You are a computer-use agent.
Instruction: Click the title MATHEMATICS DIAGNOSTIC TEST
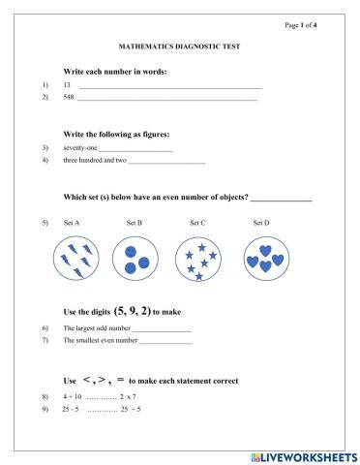(x=179, y=46)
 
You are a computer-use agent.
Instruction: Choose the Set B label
(x=135, y=223)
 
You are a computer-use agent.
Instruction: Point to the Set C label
(x=197, y=223)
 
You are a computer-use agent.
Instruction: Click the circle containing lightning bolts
(x=74, y=260)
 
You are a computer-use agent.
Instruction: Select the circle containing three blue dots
(x=135, y=260)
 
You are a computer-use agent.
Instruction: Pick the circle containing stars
(x=198, y=260)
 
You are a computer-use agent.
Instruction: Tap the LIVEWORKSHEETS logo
(x=303, y=455)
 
